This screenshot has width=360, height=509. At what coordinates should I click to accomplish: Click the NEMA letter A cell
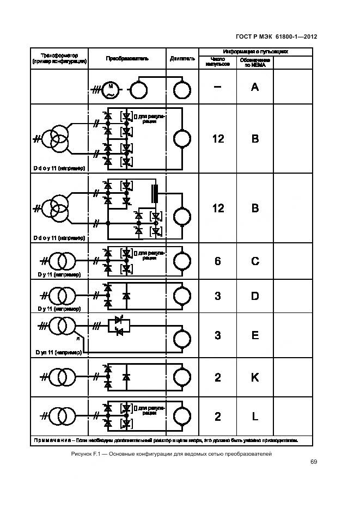tap(254, 87)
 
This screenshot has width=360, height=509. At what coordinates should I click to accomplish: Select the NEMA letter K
tap(254, 377)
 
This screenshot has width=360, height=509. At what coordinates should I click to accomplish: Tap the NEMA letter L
tap(254, 416)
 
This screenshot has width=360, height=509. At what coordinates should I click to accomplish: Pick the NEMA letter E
tap(254, 335)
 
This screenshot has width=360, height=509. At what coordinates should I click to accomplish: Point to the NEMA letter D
tap(254, 296)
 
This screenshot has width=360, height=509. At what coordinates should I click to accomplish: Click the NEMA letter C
tap(254, 261)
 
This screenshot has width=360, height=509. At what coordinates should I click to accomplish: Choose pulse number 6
tap(218, 261)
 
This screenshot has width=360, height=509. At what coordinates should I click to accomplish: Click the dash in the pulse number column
tap(218, 87)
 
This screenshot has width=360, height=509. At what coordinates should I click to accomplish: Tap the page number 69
tap(314, 462)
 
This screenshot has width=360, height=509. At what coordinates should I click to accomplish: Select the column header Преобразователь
tap(127, 58)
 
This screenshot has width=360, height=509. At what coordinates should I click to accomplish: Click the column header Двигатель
tap(182, 58)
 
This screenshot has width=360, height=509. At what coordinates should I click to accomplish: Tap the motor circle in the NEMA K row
tap(182, 377)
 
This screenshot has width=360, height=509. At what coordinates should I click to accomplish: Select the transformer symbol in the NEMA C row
tap(59, 261)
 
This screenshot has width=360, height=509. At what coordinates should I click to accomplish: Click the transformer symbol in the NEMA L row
tap(59, 416)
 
